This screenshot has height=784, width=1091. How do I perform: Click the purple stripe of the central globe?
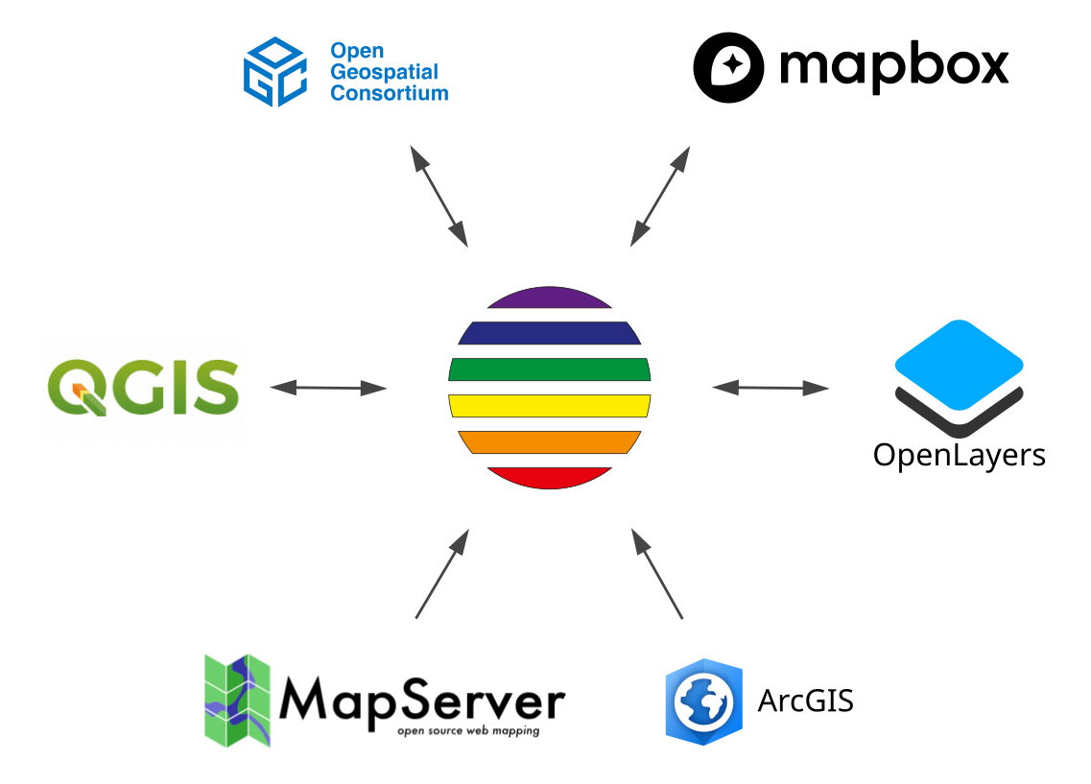pyautogui.click(x=549, y=297)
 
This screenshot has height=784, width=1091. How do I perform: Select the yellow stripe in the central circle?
pyautogui.click(x=549, y=405)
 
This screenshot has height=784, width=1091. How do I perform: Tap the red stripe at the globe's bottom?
pyautogui.click(x=549, y=477)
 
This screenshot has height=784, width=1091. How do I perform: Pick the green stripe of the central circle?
pyautogui.click(x=549, y=369)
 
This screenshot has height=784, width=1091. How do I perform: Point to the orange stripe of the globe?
pyautogui.click(x=549, y=441)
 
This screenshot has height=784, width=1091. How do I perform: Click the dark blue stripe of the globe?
pyautogui.click(x=549, y=333)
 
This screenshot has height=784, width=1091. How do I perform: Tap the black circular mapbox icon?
pyautogui.click(x=729, y=67)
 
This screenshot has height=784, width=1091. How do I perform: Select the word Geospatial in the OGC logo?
pyautogui.click(x=384, y=72)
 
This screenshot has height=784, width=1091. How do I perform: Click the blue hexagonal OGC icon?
pyautogui.click(x=274, y=72)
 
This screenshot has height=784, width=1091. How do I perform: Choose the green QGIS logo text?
pyautogui.click(x=143, y=387)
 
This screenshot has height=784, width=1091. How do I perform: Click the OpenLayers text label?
pyautogui.click(x=959, y=454)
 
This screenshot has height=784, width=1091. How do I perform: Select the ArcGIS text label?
pyautogui.click(x=805, y=701)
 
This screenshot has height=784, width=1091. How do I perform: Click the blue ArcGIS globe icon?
pyautogui.click(x=703, y=701)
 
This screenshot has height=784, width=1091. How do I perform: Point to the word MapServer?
pyautogui.click(x=421, y=701)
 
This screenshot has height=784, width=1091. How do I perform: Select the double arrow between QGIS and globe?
pyautogui.click(x=328, y=388)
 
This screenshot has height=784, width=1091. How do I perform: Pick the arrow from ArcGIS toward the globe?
pyautogui.click(x=657, y=572)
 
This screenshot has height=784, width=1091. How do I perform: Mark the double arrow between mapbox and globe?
pyautogui.click(x=660, y=197)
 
